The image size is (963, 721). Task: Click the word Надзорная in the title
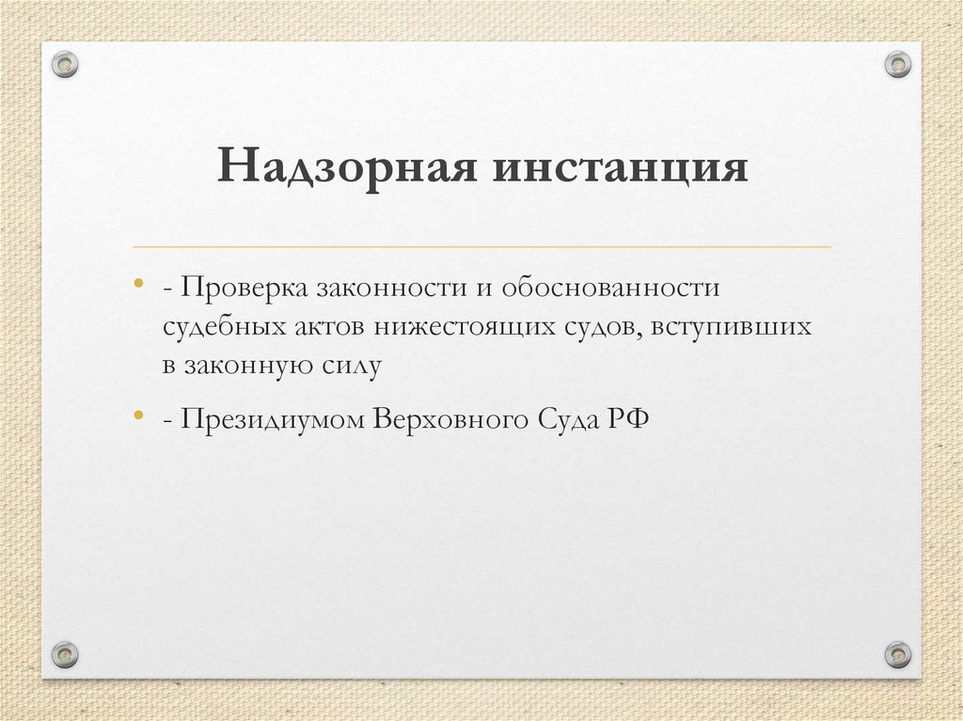click(x=343, y=168)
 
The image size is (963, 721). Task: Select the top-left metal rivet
click(x=65, y=64)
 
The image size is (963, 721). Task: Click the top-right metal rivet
click(x=898, y=64)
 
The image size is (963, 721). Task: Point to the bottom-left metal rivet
click(x=65, y=653)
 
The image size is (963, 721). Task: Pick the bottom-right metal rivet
click(x=898, y=653)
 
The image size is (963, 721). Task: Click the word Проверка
click(x=243, y=287)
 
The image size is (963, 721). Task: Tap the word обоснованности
click(x=608, y=287)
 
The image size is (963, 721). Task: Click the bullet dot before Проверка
click(x=139, y=283)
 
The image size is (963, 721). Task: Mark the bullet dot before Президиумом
click(x=139, y=415)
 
